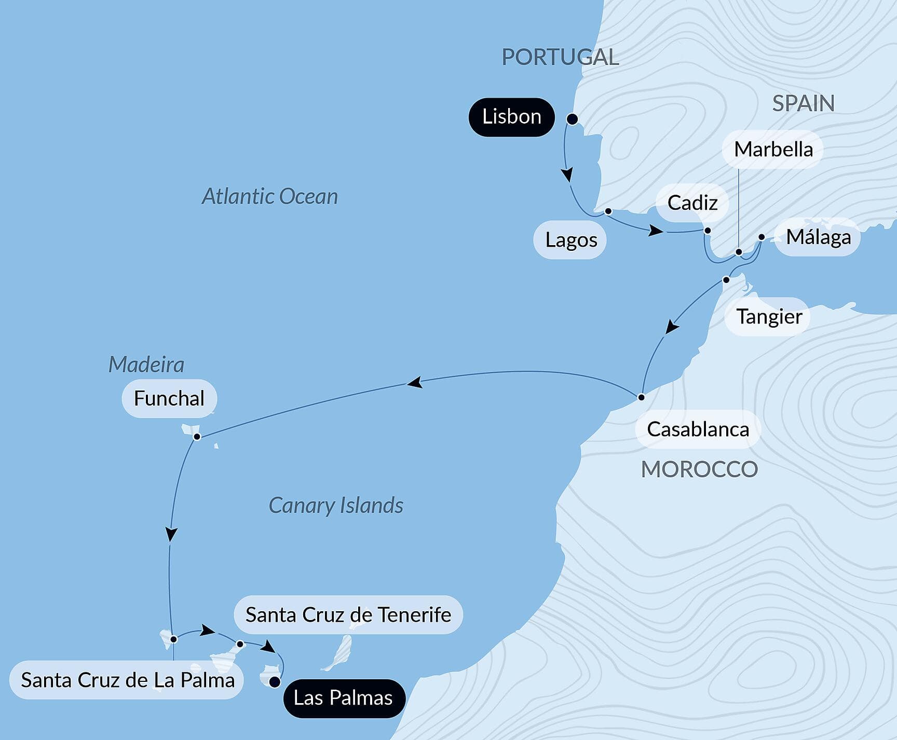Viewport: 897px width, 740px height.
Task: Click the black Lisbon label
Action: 511,117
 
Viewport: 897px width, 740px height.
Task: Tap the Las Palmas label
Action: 343,698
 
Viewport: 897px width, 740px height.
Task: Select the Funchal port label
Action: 169,399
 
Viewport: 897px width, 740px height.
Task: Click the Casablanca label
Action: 698,429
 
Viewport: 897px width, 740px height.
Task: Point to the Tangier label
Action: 769,317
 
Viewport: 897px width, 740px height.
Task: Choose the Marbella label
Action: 773,150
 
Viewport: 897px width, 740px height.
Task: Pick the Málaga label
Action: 818,237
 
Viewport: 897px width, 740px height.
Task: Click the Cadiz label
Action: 692,203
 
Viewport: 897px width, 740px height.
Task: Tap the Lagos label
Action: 570,240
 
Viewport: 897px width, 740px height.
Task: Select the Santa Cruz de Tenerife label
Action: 348,615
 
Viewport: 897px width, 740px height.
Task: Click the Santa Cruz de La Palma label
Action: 128,680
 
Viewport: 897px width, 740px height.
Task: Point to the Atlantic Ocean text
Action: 270,197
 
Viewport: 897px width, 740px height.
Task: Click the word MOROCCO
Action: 699,469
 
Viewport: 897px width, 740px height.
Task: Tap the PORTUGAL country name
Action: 560,57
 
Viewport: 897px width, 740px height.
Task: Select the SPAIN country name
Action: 803,104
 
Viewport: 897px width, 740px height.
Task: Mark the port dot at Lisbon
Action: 572,119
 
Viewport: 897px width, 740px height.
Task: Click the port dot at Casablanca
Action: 641,397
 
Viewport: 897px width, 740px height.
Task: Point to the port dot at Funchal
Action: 197,437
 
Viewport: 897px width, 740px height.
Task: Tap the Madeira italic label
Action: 146,365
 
